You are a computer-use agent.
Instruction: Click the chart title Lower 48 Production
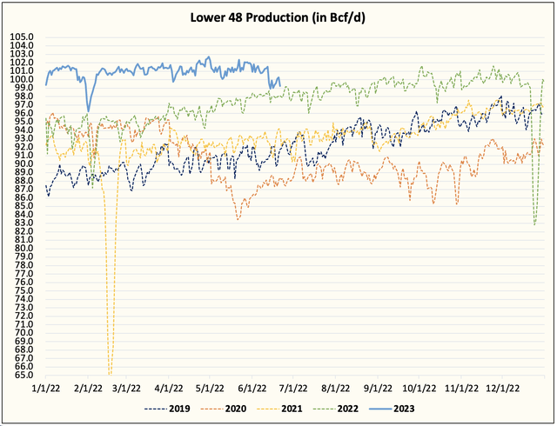pyautogui.click(x=278, y=17)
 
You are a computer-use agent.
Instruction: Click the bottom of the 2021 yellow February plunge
pyautogui.click(x=110, y=373)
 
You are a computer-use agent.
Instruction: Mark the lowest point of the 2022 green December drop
pyautogui.click(x=534, y=224)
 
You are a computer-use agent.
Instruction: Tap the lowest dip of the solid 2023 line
pyautogui.click(x=87, y=110)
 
